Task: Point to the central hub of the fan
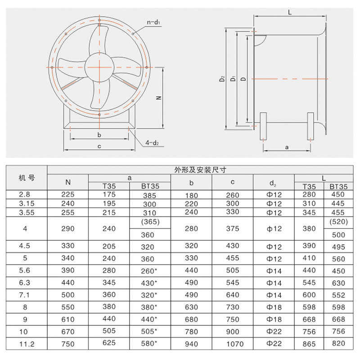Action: coord(99,67)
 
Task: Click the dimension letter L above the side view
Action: coord(290,13)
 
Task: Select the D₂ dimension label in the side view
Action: coord(222,79)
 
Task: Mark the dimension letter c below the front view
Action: coord(99,146)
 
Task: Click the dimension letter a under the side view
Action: coord(287,147)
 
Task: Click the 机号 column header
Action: coord(27,177)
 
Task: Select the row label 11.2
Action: coord(27,343)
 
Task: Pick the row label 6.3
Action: coord(27,283)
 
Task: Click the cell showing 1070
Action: coord(232,343)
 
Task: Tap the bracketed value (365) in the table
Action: coord(150,222)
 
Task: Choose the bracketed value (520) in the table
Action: coord(337,222)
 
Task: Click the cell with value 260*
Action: coord(150,271)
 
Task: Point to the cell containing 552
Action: coord(337,295)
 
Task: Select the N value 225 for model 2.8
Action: coord(68,194)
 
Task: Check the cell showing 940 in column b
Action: coord(191,343)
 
